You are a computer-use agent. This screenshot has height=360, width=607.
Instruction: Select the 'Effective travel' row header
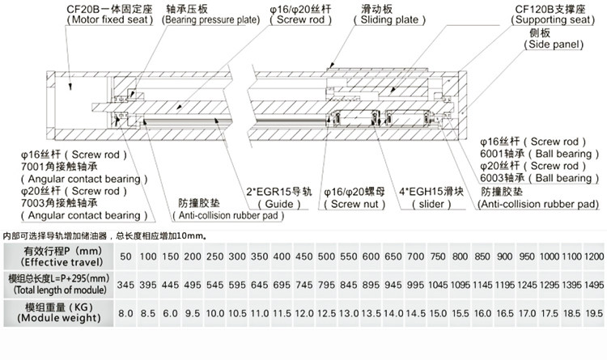coord(62,256)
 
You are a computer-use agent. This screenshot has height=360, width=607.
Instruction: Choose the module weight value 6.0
coord(171,312)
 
